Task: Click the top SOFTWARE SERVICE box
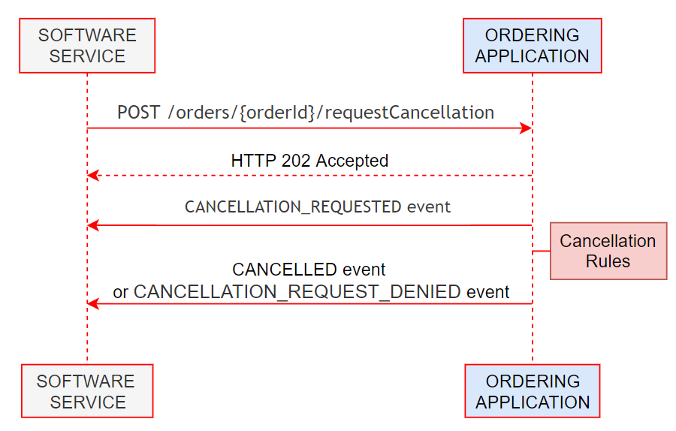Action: click(87, 46)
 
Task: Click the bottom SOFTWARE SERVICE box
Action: click(87, 390)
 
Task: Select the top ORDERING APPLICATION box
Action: click(532, 46)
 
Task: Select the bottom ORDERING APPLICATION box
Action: click(532, 390)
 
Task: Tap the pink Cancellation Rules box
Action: click(608, 251)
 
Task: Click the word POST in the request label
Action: click(138, 113)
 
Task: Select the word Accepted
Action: click(352, 161)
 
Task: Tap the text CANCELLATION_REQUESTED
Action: click(294, 207)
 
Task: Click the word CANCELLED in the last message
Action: click(284, 270)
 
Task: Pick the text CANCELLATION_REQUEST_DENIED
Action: click(297, 291)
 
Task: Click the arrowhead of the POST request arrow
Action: click(527, 128)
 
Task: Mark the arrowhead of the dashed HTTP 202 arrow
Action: click(92, 176)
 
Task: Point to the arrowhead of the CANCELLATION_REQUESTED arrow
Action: click(92, 225)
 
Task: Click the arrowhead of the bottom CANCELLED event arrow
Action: click(92, 303)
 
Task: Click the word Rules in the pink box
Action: click(608, 261)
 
